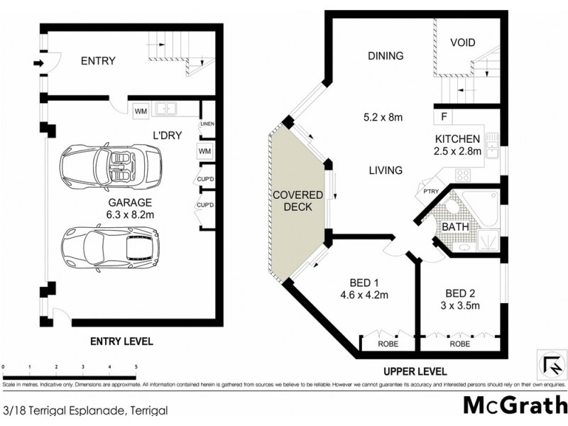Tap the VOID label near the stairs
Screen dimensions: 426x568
coord(462,43)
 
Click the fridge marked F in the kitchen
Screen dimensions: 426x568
coord(444,116)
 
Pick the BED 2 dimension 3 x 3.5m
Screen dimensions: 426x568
coord(461,306)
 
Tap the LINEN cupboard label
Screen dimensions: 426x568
coord(207,125)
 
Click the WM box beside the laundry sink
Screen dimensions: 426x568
coord(139,110)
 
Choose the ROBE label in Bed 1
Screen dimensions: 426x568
coord(388,344)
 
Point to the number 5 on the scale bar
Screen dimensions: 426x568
coord(135,367)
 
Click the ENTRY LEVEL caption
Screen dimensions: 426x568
coord(121,342)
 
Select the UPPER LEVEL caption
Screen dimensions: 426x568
coord(415,371)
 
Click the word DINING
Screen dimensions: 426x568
coord(386,56)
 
